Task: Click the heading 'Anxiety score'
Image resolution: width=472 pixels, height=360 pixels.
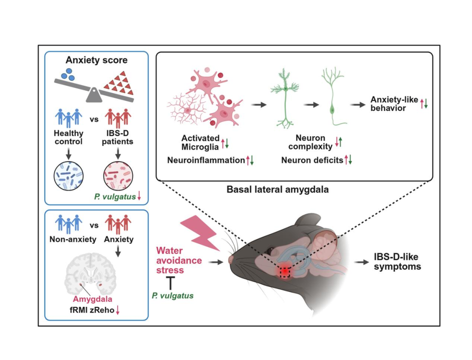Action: (x=96, y=60)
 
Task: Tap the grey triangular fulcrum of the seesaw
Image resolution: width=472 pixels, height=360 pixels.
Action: (x=94, y=95)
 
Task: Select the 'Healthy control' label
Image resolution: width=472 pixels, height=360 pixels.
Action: (x=69, y=137)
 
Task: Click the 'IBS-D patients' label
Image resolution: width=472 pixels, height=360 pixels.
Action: (x=118, y=137)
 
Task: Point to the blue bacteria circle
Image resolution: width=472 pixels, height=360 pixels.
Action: (x=69, y=176)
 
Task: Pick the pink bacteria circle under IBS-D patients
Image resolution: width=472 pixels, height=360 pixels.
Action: (x=118, y=176)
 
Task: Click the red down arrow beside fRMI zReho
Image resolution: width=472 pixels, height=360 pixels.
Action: (x=118, y=310)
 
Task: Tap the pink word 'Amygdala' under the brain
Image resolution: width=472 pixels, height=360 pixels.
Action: (x=93, y=299)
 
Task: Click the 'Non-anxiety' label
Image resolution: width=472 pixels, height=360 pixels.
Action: (x=73, y=239)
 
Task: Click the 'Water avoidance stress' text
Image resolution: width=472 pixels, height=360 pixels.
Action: (x=179, y=260)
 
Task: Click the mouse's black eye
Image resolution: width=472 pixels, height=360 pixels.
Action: (x=271, y=250)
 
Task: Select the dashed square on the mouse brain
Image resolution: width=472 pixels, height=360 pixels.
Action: (x=285, y=272)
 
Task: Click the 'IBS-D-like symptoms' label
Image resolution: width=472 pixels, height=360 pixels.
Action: (x=397, y=262)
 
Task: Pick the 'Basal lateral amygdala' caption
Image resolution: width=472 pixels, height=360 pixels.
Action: (x=278, y=190)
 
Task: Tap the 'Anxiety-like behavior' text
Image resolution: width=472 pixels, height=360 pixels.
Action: (x=394, y=104)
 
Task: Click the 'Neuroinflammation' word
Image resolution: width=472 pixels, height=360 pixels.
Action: (x=206, y=160)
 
